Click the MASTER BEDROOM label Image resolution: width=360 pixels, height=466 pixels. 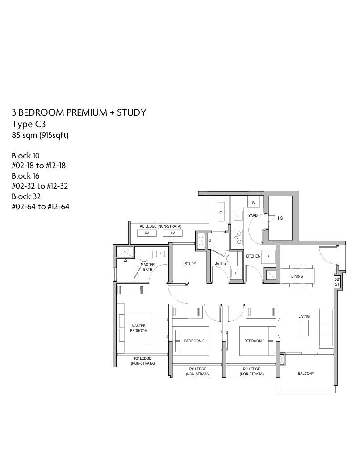pyautogui.click(x=138, y=328)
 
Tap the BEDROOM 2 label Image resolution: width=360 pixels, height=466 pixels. pyautogui.click(x=194, y=341)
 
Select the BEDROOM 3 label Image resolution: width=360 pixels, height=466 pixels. pyautogui.click(x=254, y=341)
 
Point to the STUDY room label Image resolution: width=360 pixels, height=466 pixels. pyautogui.click(x=190, y=264)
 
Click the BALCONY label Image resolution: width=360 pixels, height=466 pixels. pyautogui.click(x=306, y=374)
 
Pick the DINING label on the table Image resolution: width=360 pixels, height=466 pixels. pyautogui.click(x=297, y=276)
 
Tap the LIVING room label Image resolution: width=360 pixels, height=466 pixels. pyautogui.click(x=304, y=316)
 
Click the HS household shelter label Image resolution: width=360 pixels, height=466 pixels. pyautogui.click(x=280, y=218)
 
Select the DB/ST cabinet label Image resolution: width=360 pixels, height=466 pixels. pyautogui.click(x=337, y=282)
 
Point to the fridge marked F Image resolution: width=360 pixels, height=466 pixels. pyautogui.click(x=268, y=257)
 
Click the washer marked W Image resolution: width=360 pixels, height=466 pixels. pyautogui.click(x=253, y=203)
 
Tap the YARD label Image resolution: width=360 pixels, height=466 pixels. pyautogui.click(x=253, y=216)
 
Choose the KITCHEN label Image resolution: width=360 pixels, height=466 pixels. pyautogui.click(x=253, y=256)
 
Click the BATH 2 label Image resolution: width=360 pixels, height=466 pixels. pyautogui.click(x=220, y=263)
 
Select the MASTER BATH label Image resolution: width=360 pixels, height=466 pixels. pyautogui.click(x=147, y=267)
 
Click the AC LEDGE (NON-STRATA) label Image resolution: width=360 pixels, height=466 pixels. pyautogui.click(x=160, y=226)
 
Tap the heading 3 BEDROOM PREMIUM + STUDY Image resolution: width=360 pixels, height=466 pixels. pyautogui.click(x=79, y=112)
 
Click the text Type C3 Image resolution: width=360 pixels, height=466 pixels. pyautogui.click(x=29, y=124)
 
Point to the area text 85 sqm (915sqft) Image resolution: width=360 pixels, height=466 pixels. pyautogui.click(x=40, y=136)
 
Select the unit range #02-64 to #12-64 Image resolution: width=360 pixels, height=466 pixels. pyautogui.click(x=41, y=207)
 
